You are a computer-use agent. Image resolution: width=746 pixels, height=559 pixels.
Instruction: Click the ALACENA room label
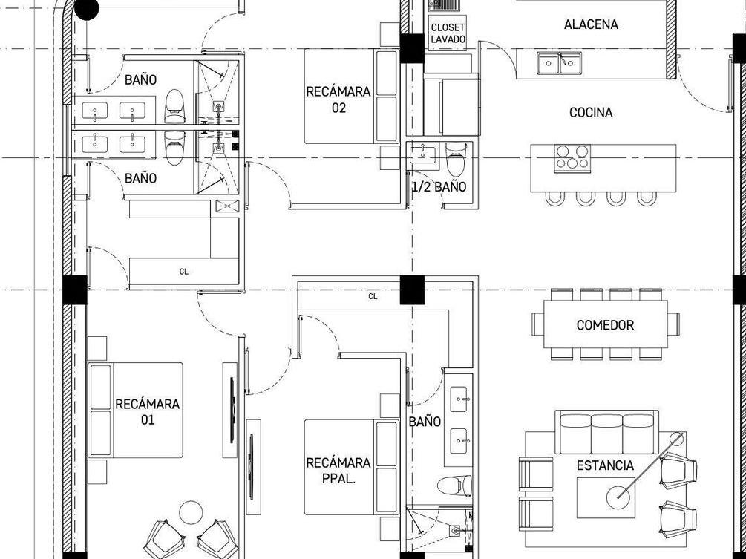pos(591,24)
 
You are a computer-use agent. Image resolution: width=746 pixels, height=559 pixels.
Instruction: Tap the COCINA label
pos(591,113)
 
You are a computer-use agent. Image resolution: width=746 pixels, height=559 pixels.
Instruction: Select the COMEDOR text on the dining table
pos(605,325)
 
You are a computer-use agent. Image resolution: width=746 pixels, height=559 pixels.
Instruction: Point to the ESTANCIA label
pos(605,465)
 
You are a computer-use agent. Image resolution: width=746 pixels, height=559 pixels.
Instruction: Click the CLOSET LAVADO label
pos(448,33)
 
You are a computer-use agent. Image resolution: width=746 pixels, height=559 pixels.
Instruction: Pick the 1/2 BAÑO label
pos(439,187)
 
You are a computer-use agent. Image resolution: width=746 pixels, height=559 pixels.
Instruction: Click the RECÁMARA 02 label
pos(338,99)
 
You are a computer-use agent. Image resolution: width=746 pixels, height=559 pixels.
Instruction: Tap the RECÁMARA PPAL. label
pos(338,471)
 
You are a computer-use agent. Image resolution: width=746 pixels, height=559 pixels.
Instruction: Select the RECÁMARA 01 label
pos(148,412)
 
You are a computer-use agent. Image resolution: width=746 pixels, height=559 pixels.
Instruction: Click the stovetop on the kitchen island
pos(572,158)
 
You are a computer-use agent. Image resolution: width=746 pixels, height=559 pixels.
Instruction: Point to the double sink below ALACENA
pos(560,63)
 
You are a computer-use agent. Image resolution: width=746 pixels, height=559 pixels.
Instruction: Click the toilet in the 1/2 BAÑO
pos(456,159)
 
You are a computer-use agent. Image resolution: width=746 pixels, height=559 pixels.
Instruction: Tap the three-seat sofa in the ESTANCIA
pos(606,433)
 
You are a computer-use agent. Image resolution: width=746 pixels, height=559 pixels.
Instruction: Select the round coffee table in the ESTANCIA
pos(618,497)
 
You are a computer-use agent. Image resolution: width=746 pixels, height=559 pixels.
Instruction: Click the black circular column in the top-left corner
pos(87,9)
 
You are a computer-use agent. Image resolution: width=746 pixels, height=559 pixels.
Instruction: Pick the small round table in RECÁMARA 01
pos(191,512)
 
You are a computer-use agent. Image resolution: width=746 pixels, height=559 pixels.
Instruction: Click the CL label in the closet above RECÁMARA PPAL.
pos(373,296)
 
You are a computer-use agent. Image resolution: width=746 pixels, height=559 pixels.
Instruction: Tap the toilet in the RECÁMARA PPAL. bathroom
pos(454,486)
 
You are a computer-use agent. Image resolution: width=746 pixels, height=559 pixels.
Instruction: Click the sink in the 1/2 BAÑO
pos(423,154)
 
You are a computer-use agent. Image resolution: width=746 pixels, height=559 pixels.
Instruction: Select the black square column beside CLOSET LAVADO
pos(411,48)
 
